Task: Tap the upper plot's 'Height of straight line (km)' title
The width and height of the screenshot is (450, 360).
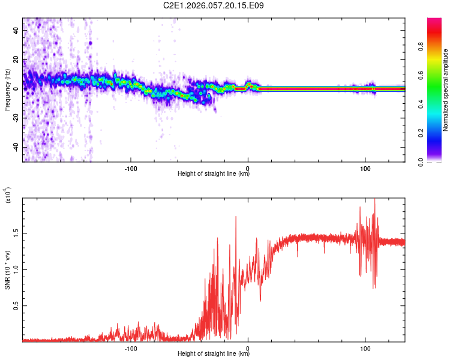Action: (x=214, y=175)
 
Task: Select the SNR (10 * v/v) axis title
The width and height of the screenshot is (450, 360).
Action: (x=7, y=270)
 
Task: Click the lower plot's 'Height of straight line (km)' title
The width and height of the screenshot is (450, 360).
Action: (x=214, y=354)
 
